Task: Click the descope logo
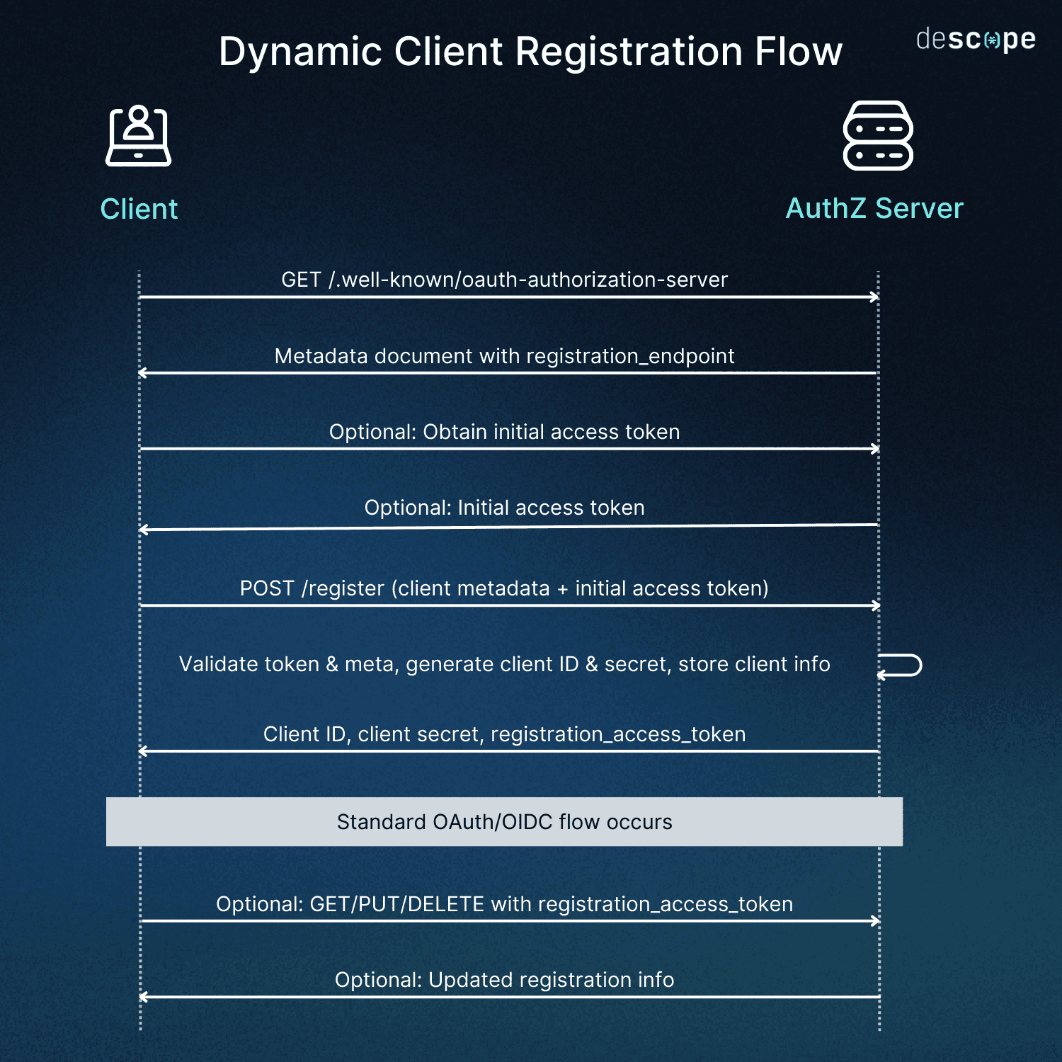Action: point(976,40)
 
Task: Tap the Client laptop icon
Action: point(139,136)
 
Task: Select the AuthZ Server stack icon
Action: point(878,136)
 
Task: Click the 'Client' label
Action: point(139,210)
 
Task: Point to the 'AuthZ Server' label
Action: point(874,209)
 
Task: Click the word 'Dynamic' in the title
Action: point(299,52)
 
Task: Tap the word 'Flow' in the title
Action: point(798,52)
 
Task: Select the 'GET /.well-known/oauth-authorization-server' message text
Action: point(504,280)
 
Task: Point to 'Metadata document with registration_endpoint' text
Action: point(504,356)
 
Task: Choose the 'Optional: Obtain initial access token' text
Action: point(504,432)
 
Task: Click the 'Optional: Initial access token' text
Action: point(504,508)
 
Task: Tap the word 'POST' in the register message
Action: point(266,588)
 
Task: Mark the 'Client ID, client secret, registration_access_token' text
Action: point(504,734)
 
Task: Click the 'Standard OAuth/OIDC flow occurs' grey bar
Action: point(504,822)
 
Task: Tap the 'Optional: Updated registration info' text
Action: point(504,980)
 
